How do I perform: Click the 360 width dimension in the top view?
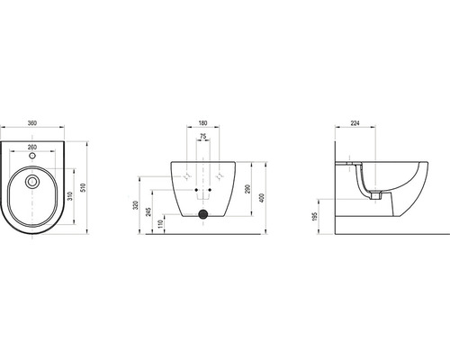coord(32,123)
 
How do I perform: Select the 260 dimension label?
coord(32,147)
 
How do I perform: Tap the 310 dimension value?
coord(70,196)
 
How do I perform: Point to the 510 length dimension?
coord(84,188)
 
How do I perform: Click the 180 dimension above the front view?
coord(203,123)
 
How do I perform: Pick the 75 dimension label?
coord(203,136)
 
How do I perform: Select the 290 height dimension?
coord(247,189)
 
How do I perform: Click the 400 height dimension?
coord(262,198)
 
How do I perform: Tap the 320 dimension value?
coord(136,205)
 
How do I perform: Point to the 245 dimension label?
coord(148,211)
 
